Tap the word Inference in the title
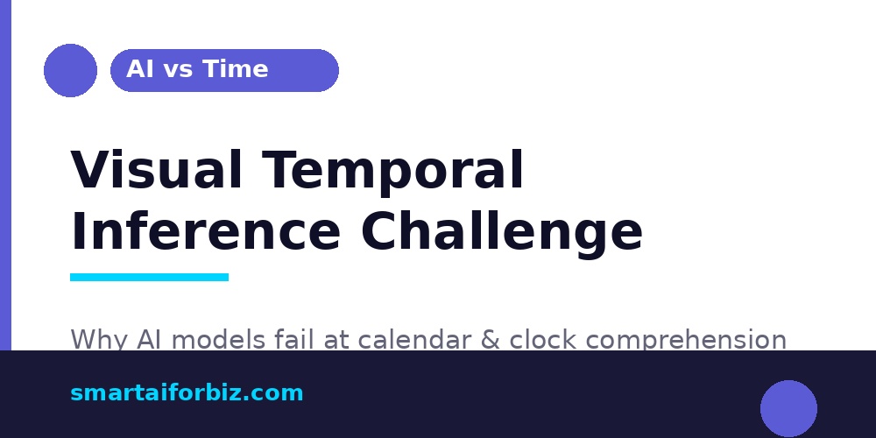205,232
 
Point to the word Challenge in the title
502,232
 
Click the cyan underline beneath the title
149,277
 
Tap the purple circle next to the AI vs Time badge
70,70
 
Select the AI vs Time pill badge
224,70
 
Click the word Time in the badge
236,69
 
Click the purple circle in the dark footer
788,408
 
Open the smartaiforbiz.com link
187,393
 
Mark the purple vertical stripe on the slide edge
5,175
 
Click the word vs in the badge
178,69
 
